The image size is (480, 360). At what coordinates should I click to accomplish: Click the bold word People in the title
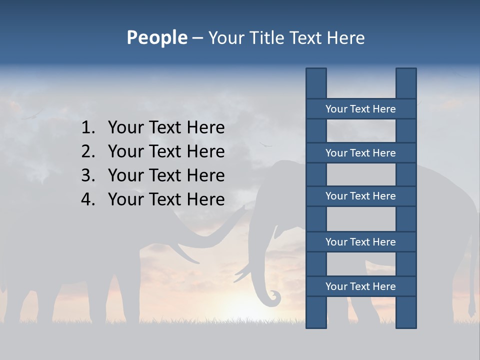tap(156, 37)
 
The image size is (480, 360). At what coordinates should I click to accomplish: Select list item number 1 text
tap(166, 127)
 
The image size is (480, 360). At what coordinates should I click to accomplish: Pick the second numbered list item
tap(166, 151)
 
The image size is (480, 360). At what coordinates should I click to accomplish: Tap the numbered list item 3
tap(166, 175)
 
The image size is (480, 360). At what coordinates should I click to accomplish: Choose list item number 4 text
tap(166, 199)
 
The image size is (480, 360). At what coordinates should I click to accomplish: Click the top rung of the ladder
tap(360, 109)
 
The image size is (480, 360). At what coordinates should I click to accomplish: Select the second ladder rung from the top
tap(360, 153)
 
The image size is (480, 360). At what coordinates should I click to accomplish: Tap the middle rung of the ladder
tap(360, 196)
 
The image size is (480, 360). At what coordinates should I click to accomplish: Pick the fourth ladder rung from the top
tap(360, 242)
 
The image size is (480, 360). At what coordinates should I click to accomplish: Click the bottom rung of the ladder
tap(360, 286)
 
